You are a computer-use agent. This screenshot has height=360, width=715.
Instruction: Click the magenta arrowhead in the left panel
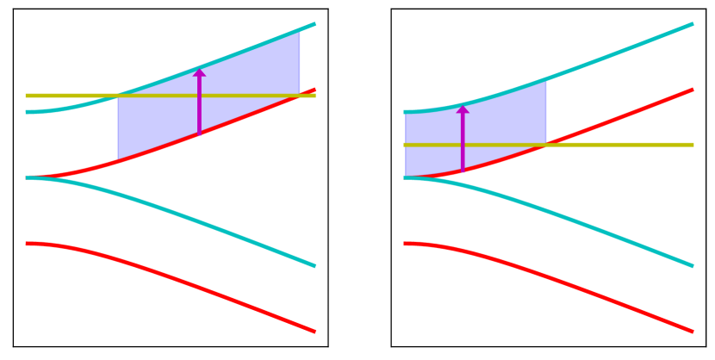point(199,72)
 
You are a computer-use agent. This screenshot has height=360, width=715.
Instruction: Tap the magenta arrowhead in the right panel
point(463,109)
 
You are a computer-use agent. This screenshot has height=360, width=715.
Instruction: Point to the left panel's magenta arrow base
point(199,133)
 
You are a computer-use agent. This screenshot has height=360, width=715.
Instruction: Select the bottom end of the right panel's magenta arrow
point(463,171)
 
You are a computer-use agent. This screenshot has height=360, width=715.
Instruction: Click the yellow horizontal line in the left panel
point(69,96)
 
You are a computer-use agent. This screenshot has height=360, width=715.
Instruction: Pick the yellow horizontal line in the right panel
point(620,145)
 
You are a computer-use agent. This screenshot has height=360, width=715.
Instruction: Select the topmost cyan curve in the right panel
point(620,52)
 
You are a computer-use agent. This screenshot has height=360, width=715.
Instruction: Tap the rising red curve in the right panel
point(620,116)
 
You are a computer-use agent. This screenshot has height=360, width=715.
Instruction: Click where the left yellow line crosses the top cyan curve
point(118,96)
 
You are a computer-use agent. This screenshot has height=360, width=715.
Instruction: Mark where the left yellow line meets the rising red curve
point(298,96)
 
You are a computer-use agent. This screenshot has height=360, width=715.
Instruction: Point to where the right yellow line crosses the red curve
point(544,145)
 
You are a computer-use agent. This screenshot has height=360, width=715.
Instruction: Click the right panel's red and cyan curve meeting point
point(407,177)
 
